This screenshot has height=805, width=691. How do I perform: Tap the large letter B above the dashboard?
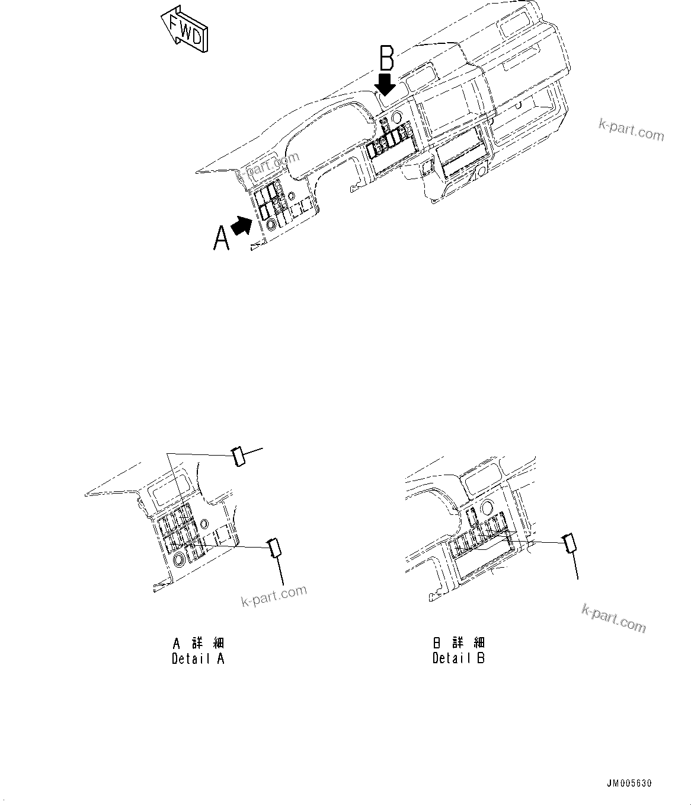tap(386, 59)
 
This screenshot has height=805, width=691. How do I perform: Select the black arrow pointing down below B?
tap(386, 84)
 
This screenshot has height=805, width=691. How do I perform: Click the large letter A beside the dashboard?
tap(221, 239)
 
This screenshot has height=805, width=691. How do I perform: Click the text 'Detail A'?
tap(198, 658)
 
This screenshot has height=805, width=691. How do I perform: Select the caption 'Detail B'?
tap(459, 658)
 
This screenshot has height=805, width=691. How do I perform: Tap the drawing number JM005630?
tap(628, 784)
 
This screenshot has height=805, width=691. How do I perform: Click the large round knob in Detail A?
tap(178, 559)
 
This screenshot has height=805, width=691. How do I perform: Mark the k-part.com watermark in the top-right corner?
tap(631, 129)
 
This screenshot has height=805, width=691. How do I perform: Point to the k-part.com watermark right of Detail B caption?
tap(613, 618)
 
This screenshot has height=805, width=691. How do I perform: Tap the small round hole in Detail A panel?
tap(204, 523)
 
